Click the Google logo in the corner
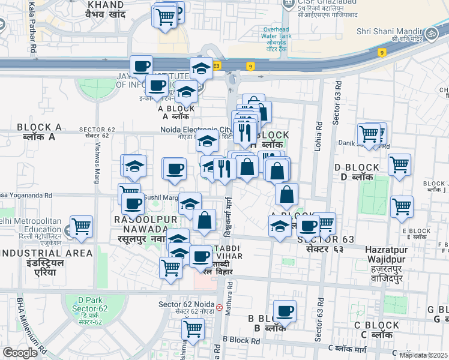[20, 353]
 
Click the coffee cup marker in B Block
[285, 312]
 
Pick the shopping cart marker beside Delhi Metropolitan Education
[81, 227]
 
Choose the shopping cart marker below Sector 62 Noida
[193, 329]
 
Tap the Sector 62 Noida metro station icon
[220, 307]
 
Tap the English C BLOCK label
[376, 325]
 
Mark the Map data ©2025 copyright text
[423, 355]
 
